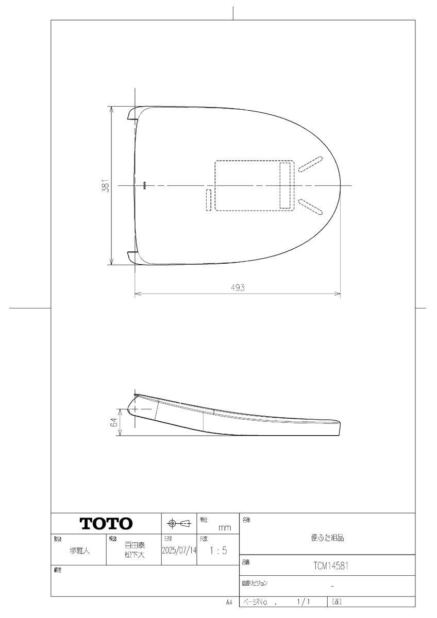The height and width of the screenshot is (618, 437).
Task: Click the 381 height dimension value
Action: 105,185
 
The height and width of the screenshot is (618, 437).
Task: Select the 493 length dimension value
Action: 237,288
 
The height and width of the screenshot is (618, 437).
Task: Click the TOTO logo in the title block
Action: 106,524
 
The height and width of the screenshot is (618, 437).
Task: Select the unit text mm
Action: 225,528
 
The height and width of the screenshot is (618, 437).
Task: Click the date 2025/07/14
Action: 179,550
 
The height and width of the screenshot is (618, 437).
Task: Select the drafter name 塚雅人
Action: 80,551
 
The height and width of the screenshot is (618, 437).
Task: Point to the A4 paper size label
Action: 229,602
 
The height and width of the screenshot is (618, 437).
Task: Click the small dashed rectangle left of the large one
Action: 208,199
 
